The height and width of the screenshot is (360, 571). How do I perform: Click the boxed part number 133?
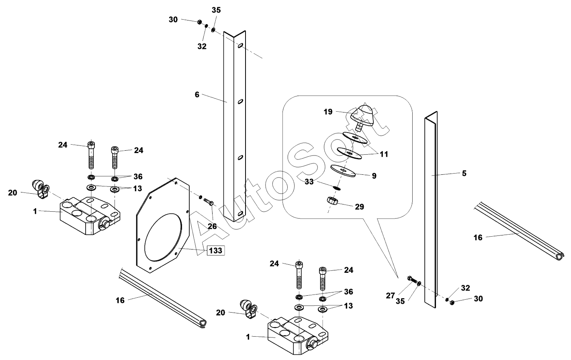click(215, 251)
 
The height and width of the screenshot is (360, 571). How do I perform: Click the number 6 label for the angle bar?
click(197, 95)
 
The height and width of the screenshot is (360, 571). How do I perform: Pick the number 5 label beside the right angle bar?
click(464, 174)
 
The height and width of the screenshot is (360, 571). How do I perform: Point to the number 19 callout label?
click(328, 112)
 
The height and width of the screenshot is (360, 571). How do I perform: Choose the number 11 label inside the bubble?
click(384, 154)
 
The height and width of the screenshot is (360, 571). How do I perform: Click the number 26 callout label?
click(212, 227)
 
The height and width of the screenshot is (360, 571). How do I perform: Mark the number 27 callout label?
click(391, 296)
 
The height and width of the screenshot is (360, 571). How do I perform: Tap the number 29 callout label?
click(359, 207)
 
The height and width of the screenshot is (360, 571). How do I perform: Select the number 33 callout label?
click(309, 182)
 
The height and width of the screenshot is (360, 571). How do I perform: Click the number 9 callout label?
click(374, 176)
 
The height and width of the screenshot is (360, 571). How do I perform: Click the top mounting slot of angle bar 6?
click(239, 47)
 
